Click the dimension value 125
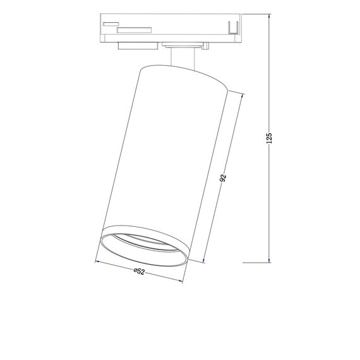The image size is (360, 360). point(269,138)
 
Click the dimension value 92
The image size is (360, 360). point(223,178)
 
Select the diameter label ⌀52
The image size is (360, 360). point(140,272)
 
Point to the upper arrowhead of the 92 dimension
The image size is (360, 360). point(242,95)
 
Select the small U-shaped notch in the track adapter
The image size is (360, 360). point(232,28)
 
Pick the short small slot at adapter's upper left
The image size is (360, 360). point(109,23)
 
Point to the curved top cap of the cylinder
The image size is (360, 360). point(183,73)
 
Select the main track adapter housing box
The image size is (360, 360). point(171,27)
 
